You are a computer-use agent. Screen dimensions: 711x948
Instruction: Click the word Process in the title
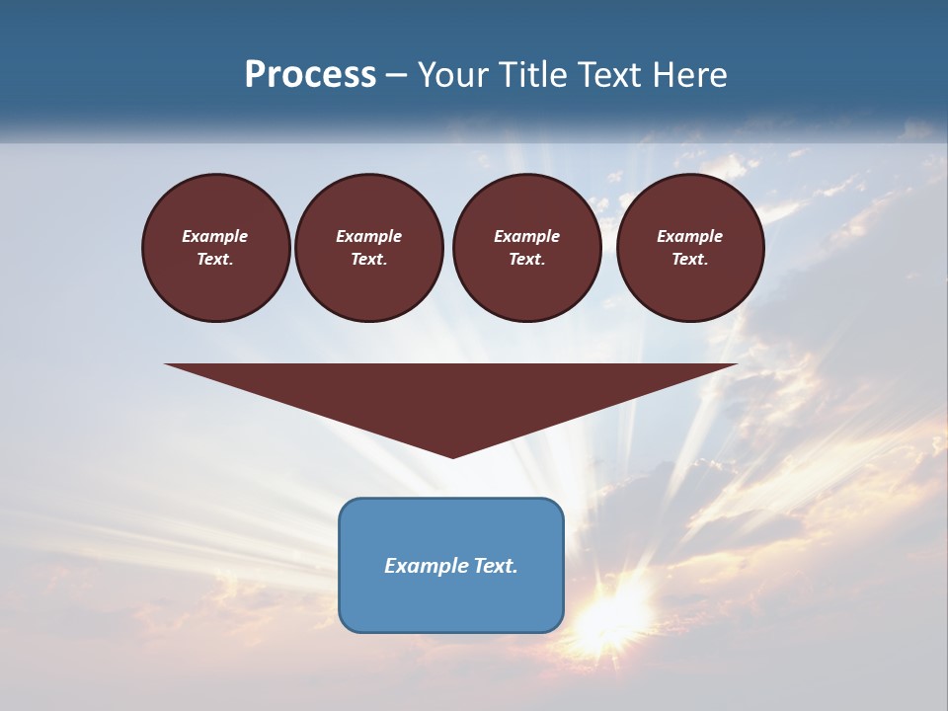pyautogui.click(x=310, y=75)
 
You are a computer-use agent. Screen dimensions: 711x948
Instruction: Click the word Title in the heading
pyautogui.click(x=534, y=75)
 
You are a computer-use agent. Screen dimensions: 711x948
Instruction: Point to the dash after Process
pyautogui.click(x=397, y=76)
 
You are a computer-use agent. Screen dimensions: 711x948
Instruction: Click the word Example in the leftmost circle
pyautogui.click(x=215, y=236)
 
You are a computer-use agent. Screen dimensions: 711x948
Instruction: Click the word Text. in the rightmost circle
pyautogui.click(x=690, y=259)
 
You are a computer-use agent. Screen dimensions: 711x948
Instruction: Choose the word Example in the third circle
pyautogui.click(x=527, y=236)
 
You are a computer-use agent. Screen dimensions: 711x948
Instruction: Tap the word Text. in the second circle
pyautogui.click(x=369, y=259)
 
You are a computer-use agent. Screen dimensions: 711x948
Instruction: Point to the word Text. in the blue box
pyautogui.click(x=497, y=566)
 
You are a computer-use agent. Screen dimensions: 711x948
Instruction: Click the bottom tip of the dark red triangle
pyautogui.click(x=452, y=455)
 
